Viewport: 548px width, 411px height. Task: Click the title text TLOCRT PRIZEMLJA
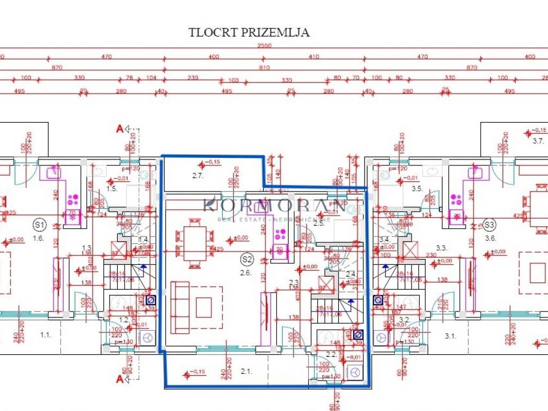tap(249, 32)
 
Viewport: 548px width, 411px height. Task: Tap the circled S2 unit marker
tap(246, 260)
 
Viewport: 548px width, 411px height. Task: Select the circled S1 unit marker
tap(39, 224)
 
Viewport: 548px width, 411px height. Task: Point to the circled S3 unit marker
tap(488, 224)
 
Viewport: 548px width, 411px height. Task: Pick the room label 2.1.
tap(246, 370)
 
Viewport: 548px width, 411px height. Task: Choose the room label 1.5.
tap(111, 188)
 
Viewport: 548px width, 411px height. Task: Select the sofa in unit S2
tap(180, 307)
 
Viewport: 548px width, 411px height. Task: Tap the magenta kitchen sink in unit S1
tap(55, 172)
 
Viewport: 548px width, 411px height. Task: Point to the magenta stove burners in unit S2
tap(279, 234)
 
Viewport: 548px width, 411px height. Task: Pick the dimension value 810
tap(264, 68)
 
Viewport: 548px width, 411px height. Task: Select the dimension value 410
tap(313, 57)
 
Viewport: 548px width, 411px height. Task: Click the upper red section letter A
tap(119, 128)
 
